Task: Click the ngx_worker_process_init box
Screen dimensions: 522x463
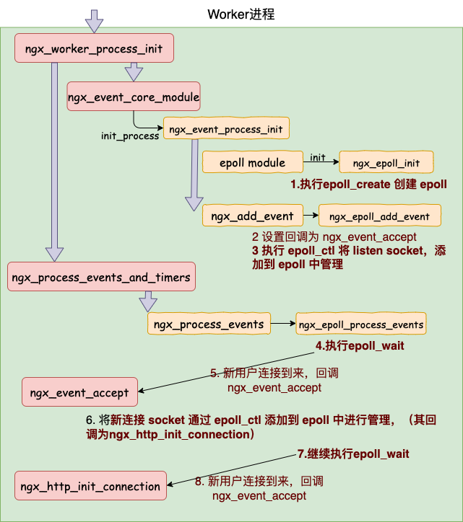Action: point(95,50)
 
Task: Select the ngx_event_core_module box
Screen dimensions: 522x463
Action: point(133,96)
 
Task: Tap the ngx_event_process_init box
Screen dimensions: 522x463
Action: point(226,129)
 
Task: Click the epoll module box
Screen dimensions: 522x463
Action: point(253,163)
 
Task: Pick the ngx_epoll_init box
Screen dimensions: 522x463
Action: point(386,163)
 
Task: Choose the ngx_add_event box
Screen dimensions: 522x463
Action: point(252,216)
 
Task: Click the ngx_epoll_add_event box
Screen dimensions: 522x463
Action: point(379,216)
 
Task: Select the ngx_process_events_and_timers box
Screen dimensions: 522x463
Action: point(101,277)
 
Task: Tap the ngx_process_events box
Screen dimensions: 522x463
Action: point(209,324)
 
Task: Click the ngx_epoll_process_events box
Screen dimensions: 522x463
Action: point(361,324)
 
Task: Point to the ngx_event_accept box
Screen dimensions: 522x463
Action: point(79,393)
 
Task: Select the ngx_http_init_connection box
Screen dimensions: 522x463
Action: point(90,486)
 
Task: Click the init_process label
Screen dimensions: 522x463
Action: point(130,136)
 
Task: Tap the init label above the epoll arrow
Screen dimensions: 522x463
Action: point(317,157)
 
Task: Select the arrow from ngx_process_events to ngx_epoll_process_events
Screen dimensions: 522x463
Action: point(283,324)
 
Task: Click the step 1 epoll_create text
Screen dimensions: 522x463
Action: point(368,185)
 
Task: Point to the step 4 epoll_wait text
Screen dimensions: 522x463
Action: point(359,346)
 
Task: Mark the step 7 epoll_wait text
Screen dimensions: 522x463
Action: point(353,454)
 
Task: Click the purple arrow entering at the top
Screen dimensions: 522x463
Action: point(95,20)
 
